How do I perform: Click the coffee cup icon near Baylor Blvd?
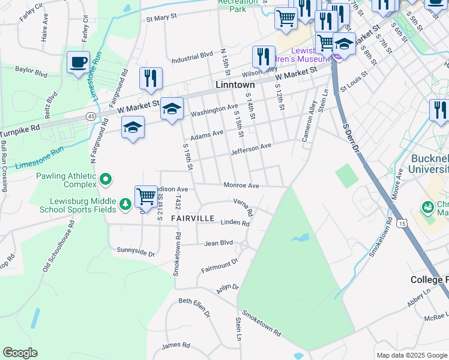79,62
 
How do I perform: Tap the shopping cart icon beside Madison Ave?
146,196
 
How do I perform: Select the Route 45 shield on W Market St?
91,115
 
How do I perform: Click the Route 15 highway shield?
402,223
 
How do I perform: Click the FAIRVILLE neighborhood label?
192,218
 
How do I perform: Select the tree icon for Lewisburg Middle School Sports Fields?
125,204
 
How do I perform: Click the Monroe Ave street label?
241,186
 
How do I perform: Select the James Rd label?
176,345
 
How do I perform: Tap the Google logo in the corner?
20,353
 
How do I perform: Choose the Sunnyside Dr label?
136,251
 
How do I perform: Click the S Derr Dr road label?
350,138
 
